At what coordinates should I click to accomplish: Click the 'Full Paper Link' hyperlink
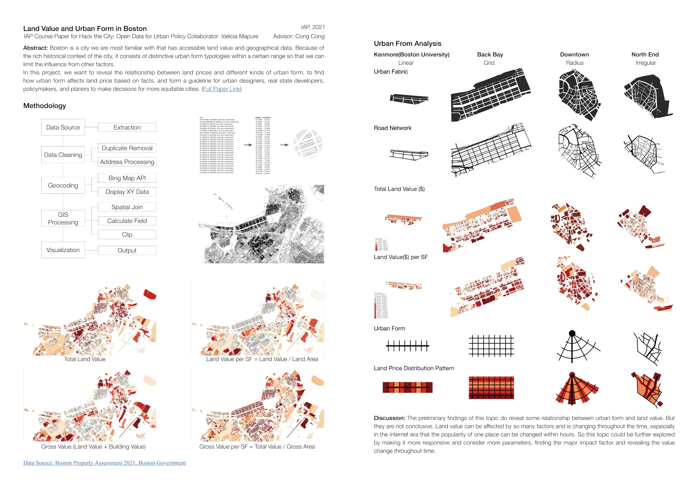click(221, 89)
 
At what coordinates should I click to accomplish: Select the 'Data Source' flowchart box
click(63, 127)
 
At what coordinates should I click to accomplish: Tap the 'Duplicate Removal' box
click(127, 148)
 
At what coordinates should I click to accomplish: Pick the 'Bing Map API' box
click(127, 178)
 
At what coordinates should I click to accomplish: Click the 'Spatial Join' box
click(127, 207)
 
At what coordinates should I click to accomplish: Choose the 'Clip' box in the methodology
click(127, 234)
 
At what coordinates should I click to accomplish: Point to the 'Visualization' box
click(63, 250)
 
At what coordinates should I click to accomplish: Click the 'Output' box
click(127, 250)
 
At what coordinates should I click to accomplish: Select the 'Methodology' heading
click(45, 106)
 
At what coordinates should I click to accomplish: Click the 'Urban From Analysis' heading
click(407, 44)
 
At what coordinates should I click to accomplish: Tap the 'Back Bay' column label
click(490, 55)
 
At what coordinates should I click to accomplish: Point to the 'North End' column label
click(645, 55)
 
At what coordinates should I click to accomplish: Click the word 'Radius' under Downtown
click(575, 63)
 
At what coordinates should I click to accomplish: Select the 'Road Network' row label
click(393, 128)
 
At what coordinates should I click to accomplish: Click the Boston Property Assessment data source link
click(104, 463)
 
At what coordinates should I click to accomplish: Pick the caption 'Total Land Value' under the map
click(85, 359)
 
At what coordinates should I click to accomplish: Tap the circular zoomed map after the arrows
click(308, 144)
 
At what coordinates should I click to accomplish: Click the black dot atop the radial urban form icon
click(572, 333)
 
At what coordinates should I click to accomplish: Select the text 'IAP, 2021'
click(313, 27)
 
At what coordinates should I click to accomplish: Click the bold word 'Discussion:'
click(389, 418)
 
